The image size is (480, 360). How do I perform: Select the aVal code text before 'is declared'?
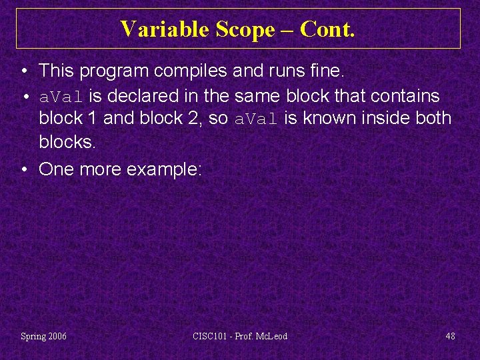click(x=63, y=97)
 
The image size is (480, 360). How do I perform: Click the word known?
click(x=327, y=119)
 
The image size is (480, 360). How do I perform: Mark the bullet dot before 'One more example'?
click(x=24, y=169)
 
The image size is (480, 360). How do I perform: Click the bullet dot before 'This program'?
click(x=24, y=70)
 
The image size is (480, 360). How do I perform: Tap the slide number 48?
click(x=450, y=336)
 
